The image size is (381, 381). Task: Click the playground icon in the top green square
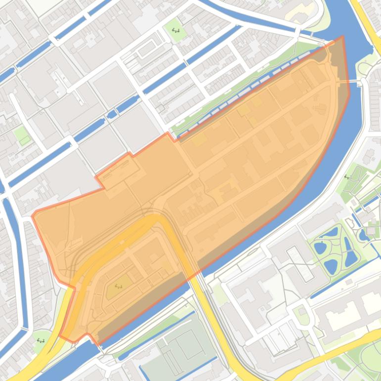point(176,30)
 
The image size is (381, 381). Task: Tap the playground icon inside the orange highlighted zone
point(118,286)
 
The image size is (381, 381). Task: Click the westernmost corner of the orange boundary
point(33,216)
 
